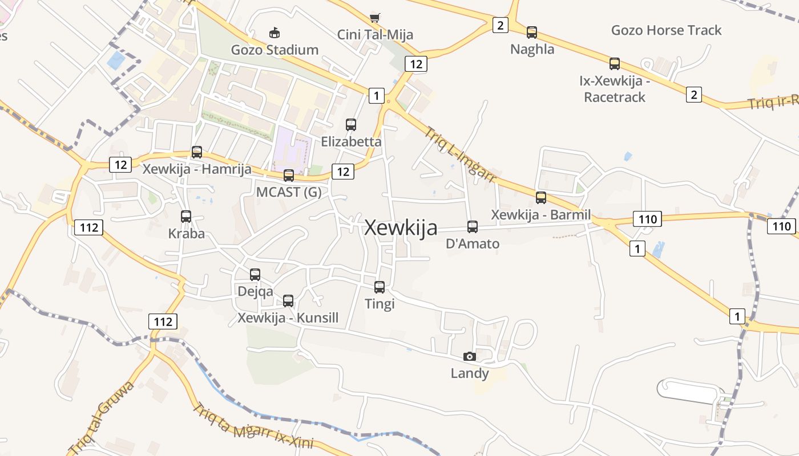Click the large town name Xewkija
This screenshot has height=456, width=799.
[401, 227]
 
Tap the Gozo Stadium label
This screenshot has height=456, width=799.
[275, 50]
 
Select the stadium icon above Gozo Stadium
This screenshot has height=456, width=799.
[275, 32]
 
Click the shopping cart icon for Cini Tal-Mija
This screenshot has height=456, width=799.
[374, 17]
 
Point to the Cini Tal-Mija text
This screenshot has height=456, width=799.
[375, 35]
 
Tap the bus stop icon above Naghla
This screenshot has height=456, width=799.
[532, 32]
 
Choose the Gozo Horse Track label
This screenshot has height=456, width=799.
[666, 30]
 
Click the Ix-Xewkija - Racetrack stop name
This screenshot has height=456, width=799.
[614, 89]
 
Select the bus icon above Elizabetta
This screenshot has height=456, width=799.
[351, 124]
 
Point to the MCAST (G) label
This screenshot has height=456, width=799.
[289, 192]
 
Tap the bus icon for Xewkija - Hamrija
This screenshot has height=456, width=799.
[197, 152]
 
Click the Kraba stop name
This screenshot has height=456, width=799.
[186, 234]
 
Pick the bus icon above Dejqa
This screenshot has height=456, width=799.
[255, 274]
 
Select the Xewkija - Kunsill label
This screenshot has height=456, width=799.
[288, 317]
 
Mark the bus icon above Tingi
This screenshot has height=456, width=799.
[380, 287]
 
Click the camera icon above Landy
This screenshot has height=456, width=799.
[469, 357]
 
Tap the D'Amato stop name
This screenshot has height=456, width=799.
[473, 244]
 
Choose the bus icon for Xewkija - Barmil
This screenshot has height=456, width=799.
[540, 198]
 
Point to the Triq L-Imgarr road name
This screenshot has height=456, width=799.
[460, 154]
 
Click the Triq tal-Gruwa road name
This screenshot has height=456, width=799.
[101, 417]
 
